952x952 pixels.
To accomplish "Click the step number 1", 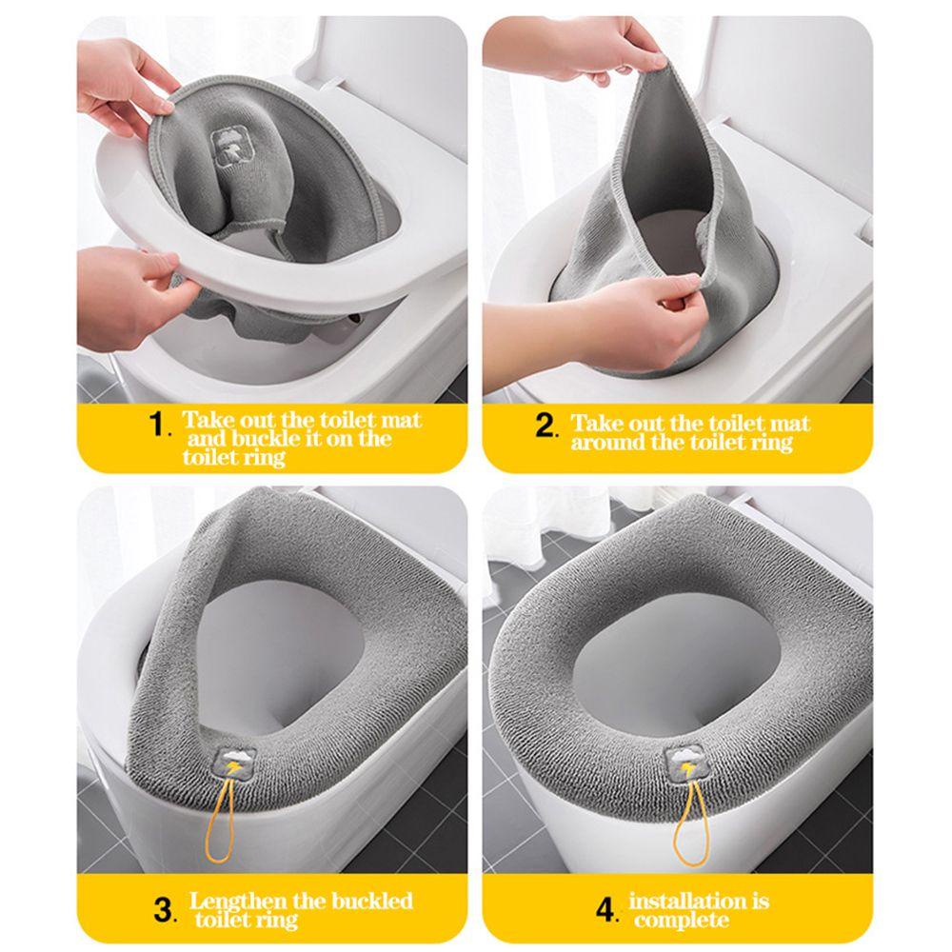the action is click(x=158, y=424).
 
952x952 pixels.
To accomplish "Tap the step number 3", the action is click(x=164, y=910).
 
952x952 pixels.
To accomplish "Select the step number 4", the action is click(x=605, y=910).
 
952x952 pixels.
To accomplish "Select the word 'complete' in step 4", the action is click(x=682, y=921).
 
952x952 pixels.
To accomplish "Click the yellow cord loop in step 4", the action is click(x=691, y=822).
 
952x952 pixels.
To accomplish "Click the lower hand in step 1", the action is click(x=130, y=290).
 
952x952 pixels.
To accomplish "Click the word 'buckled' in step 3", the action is click(x=371, y=901).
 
